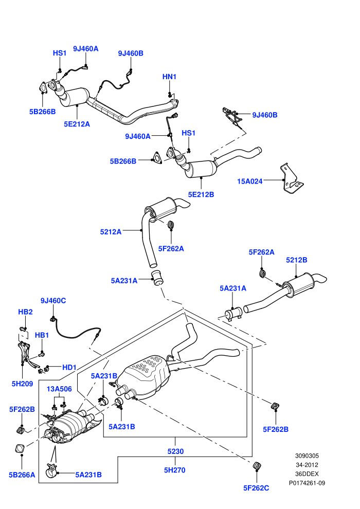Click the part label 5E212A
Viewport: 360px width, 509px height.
[x=77, y=124]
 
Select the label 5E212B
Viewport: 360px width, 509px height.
[x=201, y=194]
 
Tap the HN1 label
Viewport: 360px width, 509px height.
[x=169, y=77]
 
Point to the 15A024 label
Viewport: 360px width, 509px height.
[x=249, y=181]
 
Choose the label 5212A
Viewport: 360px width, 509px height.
[x=111, y=232]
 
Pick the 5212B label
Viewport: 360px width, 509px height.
[x=296, y=260]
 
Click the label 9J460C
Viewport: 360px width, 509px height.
[x=53, y=301]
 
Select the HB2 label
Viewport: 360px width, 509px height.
[x=25, y=312]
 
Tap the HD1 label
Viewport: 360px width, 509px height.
[x=69, y=367]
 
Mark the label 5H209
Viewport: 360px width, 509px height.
[x=23, y=384]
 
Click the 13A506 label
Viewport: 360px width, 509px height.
[x=59, y=389]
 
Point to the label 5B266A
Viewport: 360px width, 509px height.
[x=22, y=475]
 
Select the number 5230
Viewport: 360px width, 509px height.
[x=175, y=451]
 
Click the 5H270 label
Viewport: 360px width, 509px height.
[x=175, y=470]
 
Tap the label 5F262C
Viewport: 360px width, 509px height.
[x=256, y=488]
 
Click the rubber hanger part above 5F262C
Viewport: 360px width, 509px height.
[x=257, y=465]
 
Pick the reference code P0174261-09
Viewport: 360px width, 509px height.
[x=307, y=483]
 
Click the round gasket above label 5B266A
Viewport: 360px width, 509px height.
[x=20, y=449]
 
